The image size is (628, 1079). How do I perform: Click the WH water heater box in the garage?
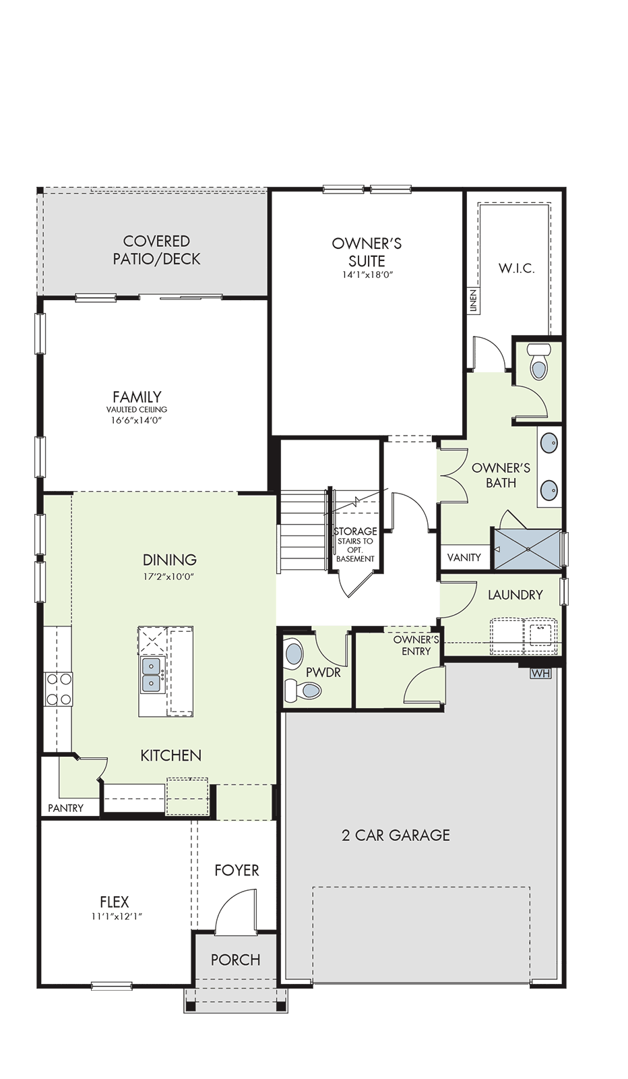pos(540,674)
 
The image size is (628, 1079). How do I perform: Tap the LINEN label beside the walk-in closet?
pos(473,301)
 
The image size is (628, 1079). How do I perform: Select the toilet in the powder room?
pos(303,691)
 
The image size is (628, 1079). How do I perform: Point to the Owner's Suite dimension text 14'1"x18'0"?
pos(366,275)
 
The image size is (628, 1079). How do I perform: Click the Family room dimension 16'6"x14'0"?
pos(137,420)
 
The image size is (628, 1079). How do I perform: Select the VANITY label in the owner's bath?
pos(464,557)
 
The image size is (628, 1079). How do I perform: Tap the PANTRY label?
pos(66,808)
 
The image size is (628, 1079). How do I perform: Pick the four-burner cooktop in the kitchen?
pos(58,689)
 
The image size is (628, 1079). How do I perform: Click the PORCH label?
pos(235,960)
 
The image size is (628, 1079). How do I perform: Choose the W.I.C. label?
pos(517,268)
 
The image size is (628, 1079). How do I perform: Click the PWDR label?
pos(323,672)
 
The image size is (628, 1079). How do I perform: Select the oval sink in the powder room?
pos(293,654)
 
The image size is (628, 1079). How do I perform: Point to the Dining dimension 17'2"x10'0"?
pos(169,577)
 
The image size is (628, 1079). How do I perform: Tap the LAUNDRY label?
pos(515,595)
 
